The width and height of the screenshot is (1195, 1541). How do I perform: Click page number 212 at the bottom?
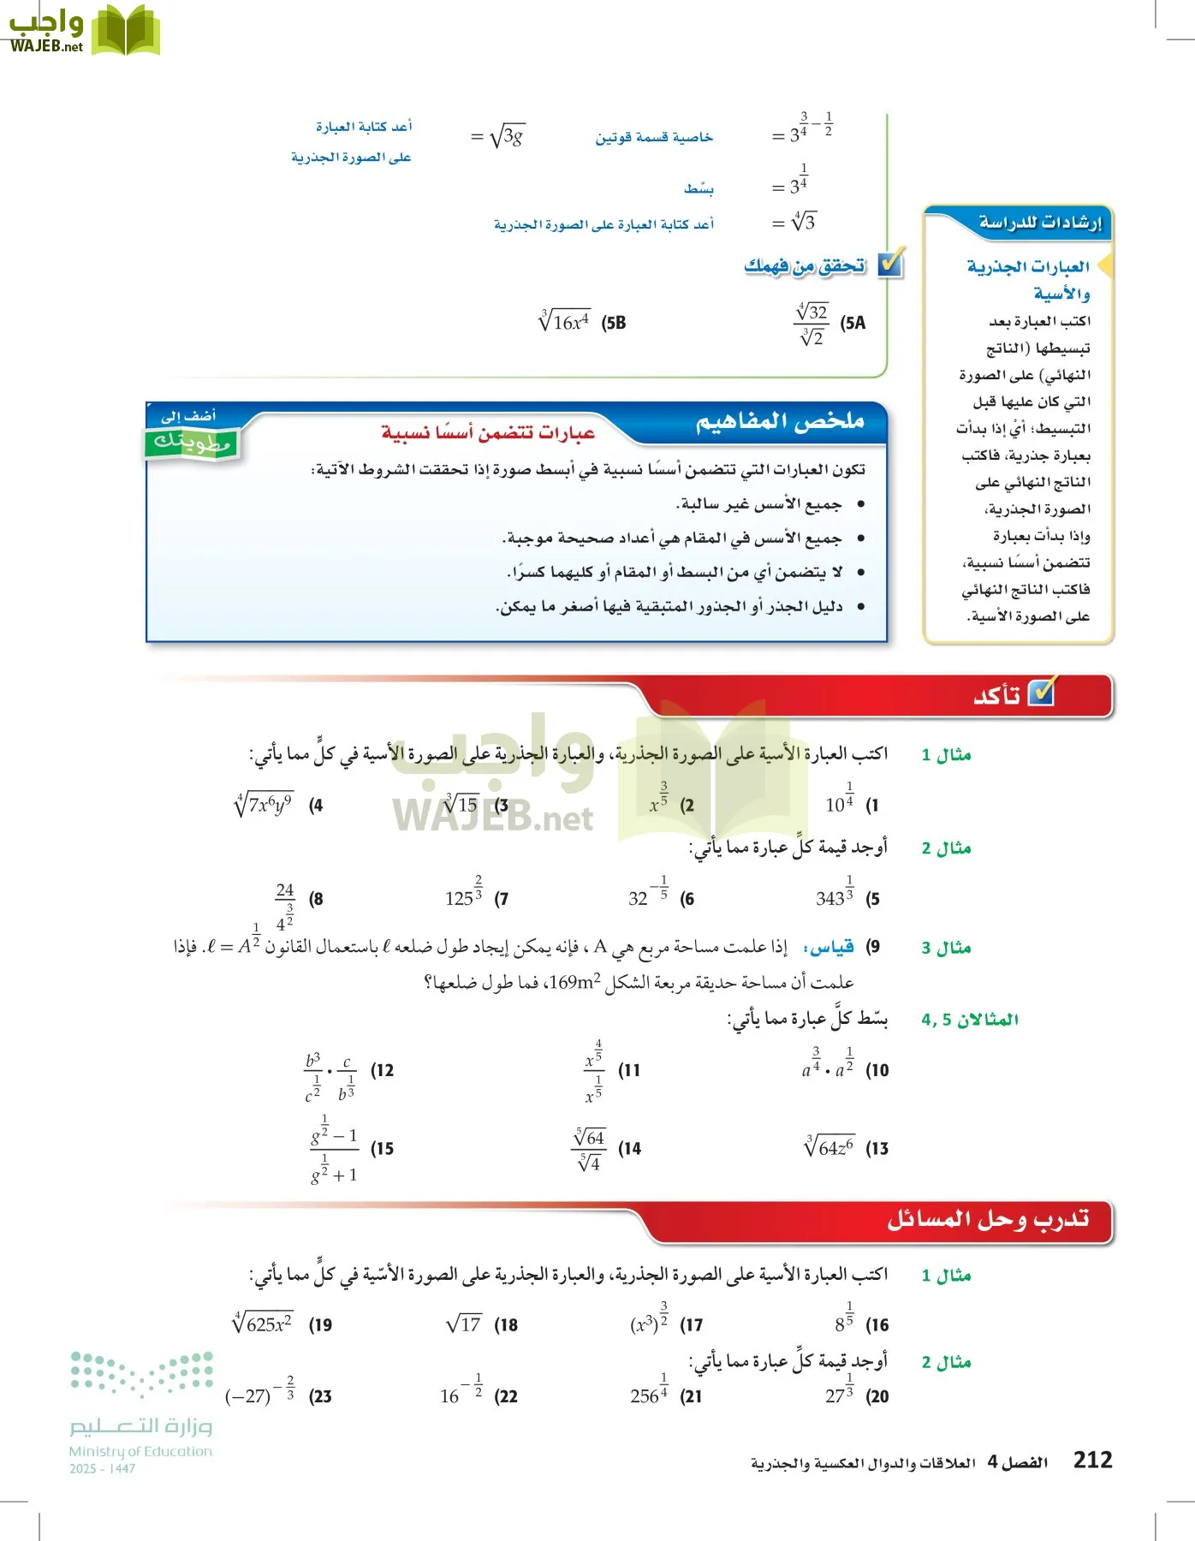click(x=1092, y=1460)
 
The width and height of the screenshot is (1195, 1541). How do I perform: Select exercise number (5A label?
click(x=853, y=323)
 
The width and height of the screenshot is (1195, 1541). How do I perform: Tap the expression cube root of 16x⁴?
click(x=564, y=321)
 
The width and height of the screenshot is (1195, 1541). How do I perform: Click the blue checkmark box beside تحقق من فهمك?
click(x=890, y=265)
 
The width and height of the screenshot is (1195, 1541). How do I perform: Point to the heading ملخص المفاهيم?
click(x=779, y=422)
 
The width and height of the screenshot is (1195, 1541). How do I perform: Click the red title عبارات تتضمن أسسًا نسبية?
click(x=488, y=433)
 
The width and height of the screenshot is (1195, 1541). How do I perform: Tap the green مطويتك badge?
click(x=192, y=442)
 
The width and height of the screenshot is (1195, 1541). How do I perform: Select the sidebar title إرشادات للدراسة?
click(x=1039, y=223)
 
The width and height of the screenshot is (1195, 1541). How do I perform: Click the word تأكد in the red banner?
click(x=997, y=695)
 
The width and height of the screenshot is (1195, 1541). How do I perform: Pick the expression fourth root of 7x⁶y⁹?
click(x=265, y=805)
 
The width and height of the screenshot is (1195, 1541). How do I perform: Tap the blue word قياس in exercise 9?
click(x=829, y=947)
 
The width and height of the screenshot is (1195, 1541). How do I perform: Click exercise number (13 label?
click(x=877, y=1149)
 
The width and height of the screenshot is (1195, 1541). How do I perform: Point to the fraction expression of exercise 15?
click(x=334, y=1150)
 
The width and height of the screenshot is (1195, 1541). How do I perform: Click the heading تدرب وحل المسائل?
click(x=988, y=1219)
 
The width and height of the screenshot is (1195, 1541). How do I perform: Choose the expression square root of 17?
click(x=464, y=1324)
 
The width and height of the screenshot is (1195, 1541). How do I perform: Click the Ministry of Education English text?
click(x=140, y=1451)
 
